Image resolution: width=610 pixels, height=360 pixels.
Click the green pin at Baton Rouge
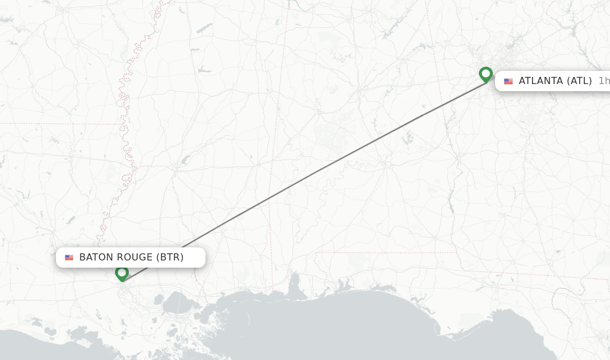[122, 273]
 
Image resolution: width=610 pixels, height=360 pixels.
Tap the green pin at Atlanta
[485, 75]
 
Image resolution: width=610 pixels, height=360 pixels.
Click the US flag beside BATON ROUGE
[69, 257]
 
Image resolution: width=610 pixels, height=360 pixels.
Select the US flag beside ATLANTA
[508, 81]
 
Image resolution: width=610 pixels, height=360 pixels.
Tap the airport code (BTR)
[170, 257]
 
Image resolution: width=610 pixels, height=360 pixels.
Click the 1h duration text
[603, 81]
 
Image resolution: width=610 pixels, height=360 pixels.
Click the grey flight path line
[304, 178]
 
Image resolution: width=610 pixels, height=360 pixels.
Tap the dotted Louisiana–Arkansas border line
[60, 124]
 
